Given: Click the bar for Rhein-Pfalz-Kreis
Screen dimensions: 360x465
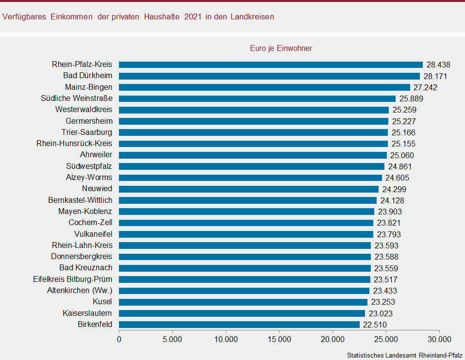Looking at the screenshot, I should point(271,65).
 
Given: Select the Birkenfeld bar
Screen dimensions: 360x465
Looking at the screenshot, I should point(239,325).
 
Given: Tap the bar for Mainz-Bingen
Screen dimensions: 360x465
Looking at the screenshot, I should point(265,87).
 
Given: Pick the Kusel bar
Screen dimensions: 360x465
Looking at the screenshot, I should point(243,302).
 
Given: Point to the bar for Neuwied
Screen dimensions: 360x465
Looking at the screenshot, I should point(249,189).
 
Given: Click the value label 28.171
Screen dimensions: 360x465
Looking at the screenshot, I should point(435,76).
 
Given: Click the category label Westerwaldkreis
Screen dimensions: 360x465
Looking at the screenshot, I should point(83,110).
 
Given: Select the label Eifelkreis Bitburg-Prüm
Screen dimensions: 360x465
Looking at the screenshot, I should point(73,279).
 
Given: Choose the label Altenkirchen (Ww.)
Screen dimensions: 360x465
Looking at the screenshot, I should point(80,291).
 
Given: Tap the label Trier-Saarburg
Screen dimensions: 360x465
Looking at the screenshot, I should point(87,132).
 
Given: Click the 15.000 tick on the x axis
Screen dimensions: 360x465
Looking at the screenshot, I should point(280,339).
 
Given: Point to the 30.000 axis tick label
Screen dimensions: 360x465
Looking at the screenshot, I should point(440,339).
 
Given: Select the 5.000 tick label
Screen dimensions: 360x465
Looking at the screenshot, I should point(172,339).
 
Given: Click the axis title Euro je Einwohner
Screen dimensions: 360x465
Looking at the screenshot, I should point(281,48).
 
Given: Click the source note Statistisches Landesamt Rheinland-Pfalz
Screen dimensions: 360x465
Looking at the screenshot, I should point(404,355).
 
